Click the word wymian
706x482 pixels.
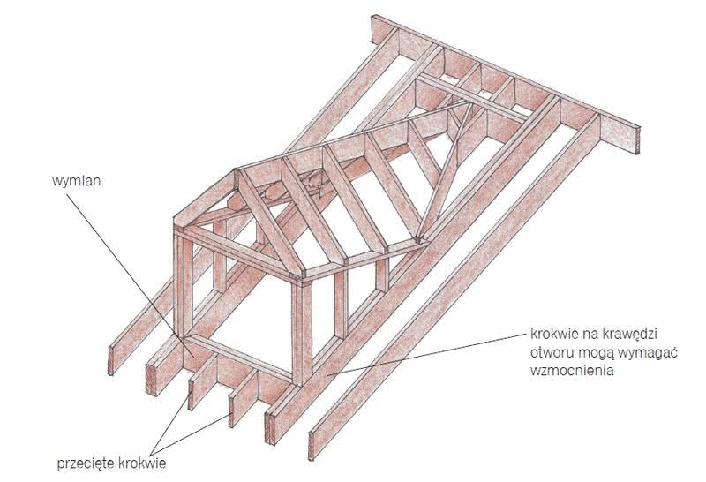[76, 182]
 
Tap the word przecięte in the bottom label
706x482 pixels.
[86, 463]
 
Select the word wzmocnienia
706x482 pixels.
[572, 371]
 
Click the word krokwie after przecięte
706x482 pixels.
[142, 463]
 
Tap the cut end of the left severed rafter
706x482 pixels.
[191, 395]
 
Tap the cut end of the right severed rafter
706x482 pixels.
[231, 412]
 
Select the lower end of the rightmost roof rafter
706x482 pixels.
[311, 446]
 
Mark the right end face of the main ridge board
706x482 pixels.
[637, 140]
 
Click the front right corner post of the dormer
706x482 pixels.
[301, 333]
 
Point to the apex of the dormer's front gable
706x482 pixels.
[237, 171]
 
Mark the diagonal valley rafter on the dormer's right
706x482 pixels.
[445, 171]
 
